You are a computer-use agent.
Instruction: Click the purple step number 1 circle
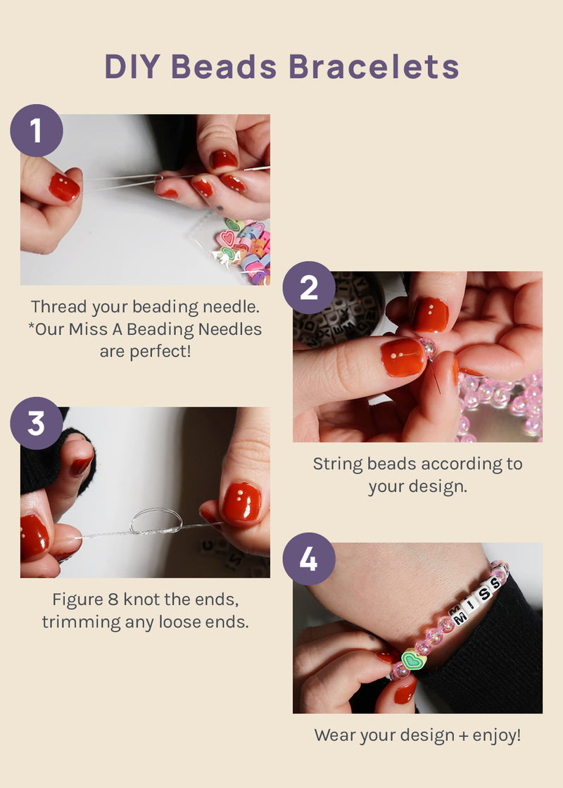(37, 130)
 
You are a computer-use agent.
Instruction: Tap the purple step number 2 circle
(309, 288)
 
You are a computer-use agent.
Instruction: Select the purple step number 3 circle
(37, 423)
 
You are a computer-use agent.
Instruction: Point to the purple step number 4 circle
(309, 559)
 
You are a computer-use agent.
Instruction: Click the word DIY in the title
(133, 66)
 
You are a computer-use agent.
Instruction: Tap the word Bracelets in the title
(374, 66)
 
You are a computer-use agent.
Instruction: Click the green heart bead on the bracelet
(414, 659)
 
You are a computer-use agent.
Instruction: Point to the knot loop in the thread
(156, 521)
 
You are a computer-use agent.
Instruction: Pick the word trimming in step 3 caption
(81, 623)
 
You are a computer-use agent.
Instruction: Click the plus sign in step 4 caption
(464, 736)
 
